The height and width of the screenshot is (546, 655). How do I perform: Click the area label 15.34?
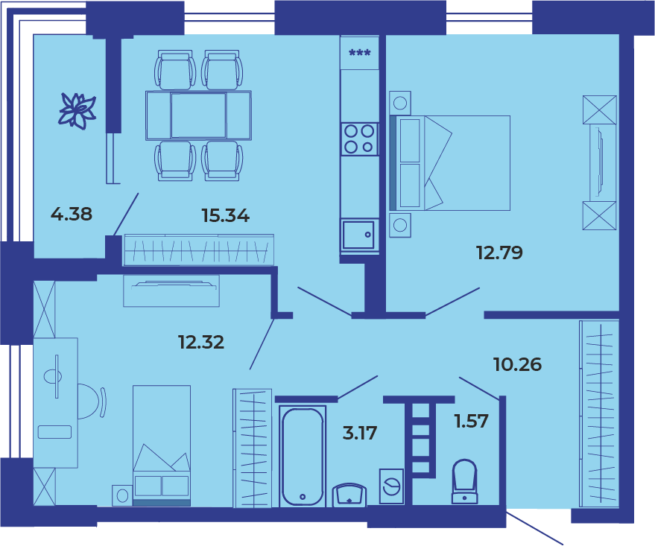[226, 215]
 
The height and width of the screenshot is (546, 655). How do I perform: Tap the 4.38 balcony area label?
[72, 214]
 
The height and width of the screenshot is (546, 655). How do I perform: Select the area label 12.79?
[499, 253]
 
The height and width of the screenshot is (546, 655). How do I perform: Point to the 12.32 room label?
[201, 342]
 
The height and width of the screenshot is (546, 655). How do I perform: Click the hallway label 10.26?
[518, 364]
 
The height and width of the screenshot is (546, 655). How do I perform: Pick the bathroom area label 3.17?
[360, 433]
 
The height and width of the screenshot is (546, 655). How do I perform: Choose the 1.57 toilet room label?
[472, 421]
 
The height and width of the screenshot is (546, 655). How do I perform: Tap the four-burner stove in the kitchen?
[359, 139]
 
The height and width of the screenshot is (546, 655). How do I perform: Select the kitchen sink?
[359, 235]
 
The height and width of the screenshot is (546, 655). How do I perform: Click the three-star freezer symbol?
[360, 53]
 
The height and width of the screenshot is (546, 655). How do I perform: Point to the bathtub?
[303, 457]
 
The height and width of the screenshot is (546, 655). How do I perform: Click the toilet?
[464, 482]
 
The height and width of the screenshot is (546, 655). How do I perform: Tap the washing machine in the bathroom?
[391, 486]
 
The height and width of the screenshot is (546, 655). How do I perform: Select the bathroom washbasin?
[349, 495]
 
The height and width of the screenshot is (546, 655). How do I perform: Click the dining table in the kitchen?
[198, 115]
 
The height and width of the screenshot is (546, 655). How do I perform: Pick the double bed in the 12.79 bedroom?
[450, 163]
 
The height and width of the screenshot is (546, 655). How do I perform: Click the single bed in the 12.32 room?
[162, 445]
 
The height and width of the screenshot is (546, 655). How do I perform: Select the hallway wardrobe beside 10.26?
[599, 413]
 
